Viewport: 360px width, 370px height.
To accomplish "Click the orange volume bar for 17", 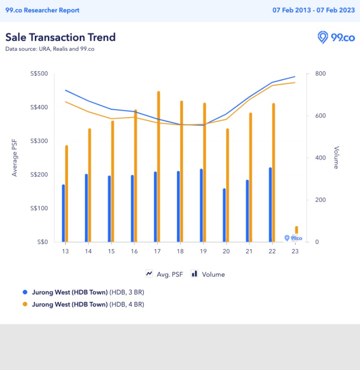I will point(158,168).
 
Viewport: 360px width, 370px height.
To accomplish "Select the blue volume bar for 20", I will point(224,215).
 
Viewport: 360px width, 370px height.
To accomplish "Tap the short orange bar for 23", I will point(297,230).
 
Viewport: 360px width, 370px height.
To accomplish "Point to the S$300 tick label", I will point(39,141).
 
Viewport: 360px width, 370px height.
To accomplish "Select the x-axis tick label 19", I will point(203,251).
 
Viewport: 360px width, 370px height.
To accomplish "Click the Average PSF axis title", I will point(15,158).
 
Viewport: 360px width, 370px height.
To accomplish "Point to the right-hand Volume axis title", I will point(336,158).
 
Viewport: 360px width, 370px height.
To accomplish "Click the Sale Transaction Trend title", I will point(60,37).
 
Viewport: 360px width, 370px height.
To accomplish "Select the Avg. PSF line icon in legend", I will point(149,274).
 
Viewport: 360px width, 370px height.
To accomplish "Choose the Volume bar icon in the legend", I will point(194,274).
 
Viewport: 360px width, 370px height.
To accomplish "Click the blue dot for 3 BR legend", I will point(25,292).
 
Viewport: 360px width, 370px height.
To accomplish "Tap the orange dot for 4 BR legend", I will point(25,304).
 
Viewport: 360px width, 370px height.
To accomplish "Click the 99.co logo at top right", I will point(336,37).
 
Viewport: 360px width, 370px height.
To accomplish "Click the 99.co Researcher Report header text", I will point(42,10).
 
